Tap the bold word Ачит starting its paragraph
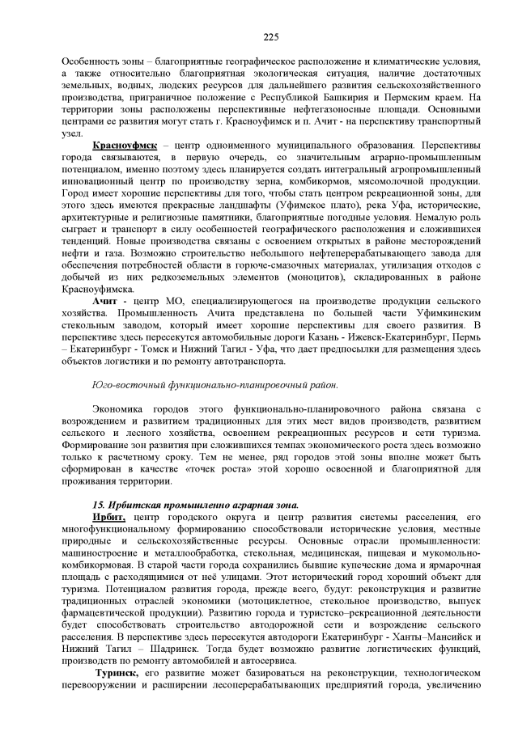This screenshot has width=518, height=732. [105, 300]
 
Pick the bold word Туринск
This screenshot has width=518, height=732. [118, 673]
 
